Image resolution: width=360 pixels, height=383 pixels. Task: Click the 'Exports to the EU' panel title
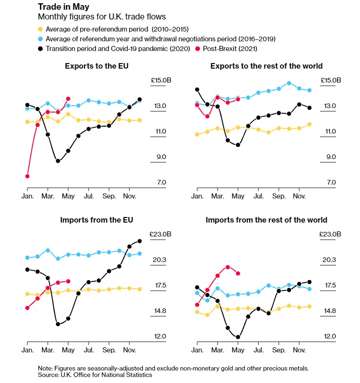[96, 66]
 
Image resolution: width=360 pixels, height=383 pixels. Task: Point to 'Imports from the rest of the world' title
[266, 220]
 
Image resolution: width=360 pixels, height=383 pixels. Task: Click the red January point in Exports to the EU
[27, 176]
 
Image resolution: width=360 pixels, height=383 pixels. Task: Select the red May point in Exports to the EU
[68, 99]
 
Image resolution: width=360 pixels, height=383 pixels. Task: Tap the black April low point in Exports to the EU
[58, 161]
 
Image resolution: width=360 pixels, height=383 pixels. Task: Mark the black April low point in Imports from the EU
[58, 324]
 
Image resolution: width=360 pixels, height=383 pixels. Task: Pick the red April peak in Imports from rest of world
[228, 267]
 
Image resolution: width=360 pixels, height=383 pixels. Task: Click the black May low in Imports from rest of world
[238, 337]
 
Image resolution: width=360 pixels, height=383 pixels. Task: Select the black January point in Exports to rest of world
[197, 89]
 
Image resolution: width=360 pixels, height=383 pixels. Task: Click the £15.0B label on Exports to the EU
[161, 81]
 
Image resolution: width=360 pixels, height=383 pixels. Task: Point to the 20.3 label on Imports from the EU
[159, 260]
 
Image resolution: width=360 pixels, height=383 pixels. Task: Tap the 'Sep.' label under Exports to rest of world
[279, 197]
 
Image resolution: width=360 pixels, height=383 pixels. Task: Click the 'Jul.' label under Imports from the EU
[89, 350]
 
